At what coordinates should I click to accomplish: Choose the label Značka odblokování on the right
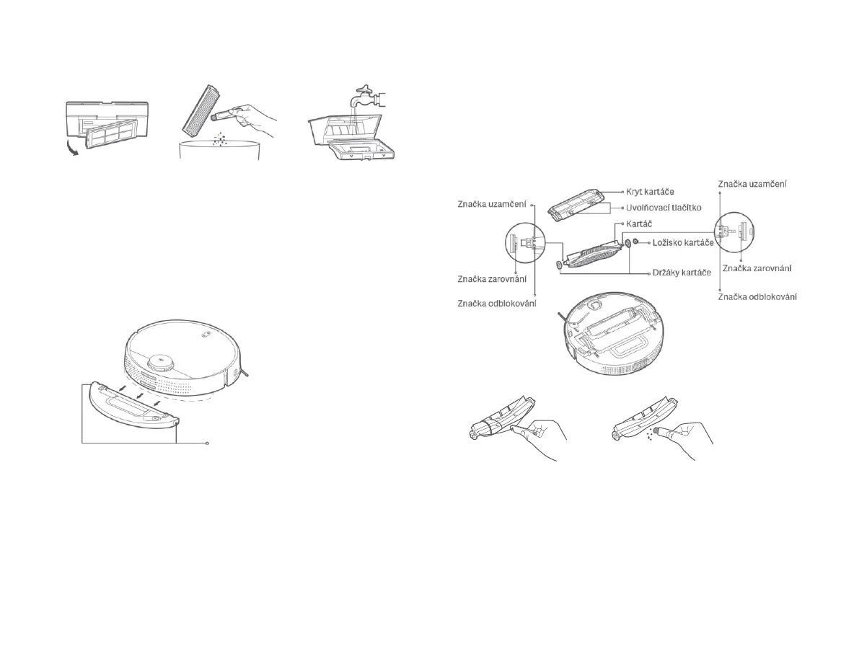[757, 296]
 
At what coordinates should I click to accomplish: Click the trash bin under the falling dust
[219, 152]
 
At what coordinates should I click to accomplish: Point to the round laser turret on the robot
[161, 362]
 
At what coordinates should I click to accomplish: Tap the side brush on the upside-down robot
[562, 318]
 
